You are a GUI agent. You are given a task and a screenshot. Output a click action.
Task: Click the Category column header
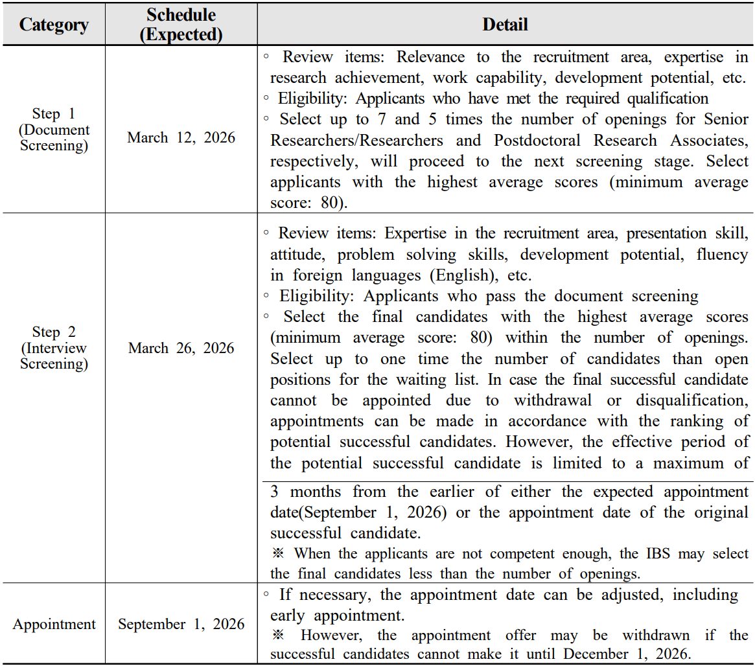53,25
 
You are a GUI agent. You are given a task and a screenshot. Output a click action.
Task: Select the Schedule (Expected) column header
181,25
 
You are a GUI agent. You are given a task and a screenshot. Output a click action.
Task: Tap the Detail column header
505,25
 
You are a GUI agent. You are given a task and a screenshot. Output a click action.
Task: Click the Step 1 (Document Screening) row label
54,130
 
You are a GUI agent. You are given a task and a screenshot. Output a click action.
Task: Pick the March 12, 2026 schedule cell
181,137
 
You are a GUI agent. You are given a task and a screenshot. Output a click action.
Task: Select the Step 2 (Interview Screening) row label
54,348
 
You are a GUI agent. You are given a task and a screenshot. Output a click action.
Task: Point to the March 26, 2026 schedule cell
181,348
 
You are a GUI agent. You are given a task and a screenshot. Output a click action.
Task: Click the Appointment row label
54,625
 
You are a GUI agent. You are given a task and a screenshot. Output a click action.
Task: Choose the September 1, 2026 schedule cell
181,625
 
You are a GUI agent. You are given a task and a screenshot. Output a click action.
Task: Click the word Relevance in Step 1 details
430,57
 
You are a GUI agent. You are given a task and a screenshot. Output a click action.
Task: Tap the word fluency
722,255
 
